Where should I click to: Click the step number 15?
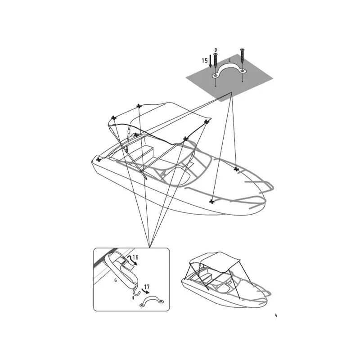pyautogui.click(x=205, y=61)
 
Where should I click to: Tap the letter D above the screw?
pyautogui.click(x=216, y=50)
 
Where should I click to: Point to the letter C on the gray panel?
pyautogui.click(x=229, y=61)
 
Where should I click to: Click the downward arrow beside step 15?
pyautogui.click(x=210, y=61)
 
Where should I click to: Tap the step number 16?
pyautogui.click(x=135, y=257)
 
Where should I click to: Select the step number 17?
pyautogui.click(x=147, y=287)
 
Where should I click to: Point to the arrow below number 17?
pyautogui.click(x=146, y=292)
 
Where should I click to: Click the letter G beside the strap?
pyautogui.click(x=116, y=280)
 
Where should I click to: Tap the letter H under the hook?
pyautogui.click(x=133, y=298)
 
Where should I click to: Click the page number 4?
pyautogui.click(x=276, y=315)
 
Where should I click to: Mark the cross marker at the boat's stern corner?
pyautogui.click(x=99, y=159)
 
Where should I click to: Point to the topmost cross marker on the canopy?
pyautogui.click(x=139, y=106)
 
